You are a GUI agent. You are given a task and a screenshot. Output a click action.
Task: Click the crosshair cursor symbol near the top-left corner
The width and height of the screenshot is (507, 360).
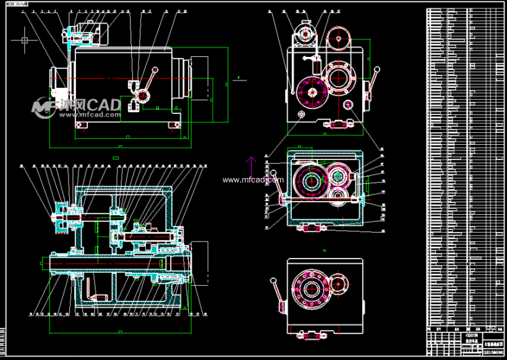(x=24, y=40)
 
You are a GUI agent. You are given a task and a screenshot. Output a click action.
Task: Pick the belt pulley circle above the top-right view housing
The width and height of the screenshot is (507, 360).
(x=339, y=40)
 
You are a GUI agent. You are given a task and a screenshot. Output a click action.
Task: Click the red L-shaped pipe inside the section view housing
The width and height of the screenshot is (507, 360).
(x=90, y=288)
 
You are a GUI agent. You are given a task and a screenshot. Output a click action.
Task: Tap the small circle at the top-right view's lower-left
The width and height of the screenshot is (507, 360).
(x=302, y=115)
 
